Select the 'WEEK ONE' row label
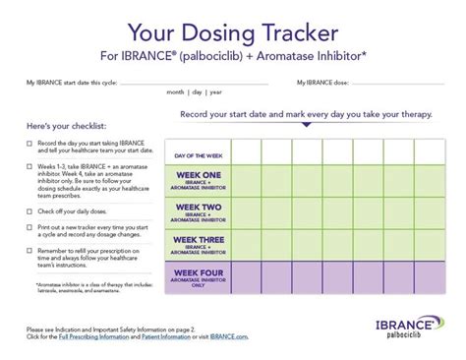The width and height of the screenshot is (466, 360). [199, 182]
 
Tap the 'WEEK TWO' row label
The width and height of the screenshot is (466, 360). [199, 211]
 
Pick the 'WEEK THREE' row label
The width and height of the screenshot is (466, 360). [199, 243]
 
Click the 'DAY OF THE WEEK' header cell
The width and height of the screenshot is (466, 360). [199, 154]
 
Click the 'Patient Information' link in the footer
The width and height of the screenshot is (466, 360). [168, 338]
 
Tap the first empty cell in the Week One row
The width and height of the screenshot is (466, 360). [246, 182]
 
